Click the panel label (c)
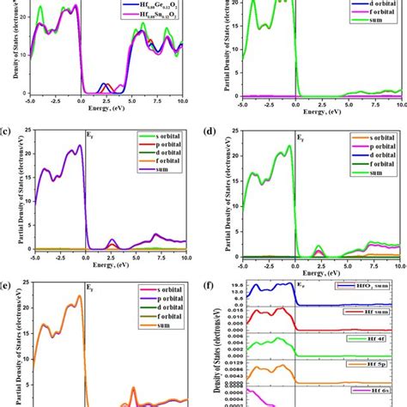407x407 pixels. [x=8, y=131]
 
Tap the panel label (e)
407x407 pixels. [x=8, y=281]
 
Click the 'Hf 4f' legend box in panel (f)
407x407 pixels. [x=377, y=338]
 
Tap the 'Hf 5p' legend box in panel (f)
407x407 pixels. [x=377, y=364]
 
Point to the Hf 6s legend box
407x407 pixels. [x=377, y=389]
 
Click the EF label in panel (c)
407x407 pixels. [x=90, y=136]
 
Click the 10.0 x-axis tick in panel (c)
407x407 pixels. [x=182, y=255]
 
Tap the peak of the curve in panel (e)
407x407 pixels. [x=80, y=296]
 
